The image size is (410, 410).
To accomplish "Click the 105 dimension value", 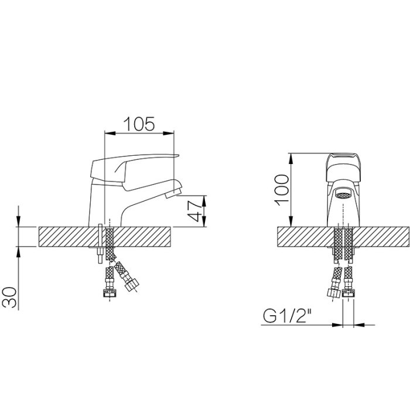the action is click(x=139, y=124).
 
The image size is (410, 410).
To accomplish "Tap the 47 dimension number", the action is click(x=195, y=211).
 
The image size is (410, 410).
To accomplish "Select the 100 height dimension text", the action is click(x=282, y=190).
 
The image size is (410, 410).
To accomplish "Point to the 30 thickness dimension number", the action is click(x=9, y=297).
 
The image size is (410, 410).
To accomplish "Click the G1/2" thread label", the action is click(x=288, y=316).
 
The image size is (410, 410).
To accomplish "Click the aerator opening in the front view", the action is click(x=343, y=195).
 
